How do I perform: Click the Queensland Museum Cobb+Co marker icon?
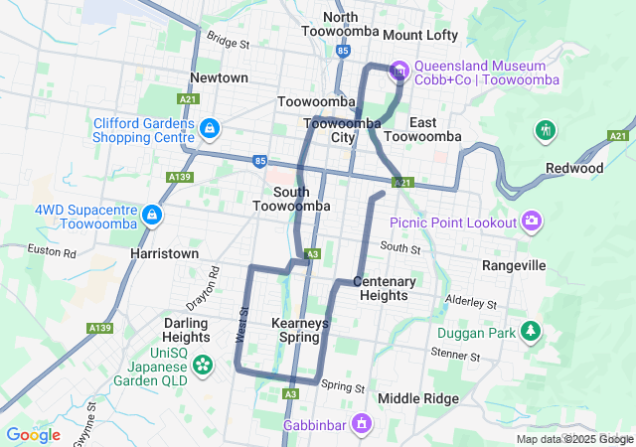(398, 70)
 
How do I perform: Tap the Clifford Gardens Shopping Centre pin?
(210, 129)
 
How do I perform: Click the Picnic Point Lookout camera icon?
(533, 221)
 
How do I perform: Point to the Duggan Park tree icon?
(533, 331)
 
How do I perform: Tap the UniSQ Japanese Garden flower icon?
(203, 365)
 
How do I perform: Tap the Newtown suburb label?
(219, 77)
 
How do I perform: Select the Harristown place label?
(164, 254)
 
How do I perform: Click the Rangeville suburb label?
(514, 266)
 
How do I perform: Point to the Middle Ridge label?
(418, 398)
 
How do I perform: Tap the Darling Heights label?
(186, 330)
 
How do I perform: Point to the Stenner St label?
(455, 355)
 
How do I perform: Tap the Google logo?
(33, 435)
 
